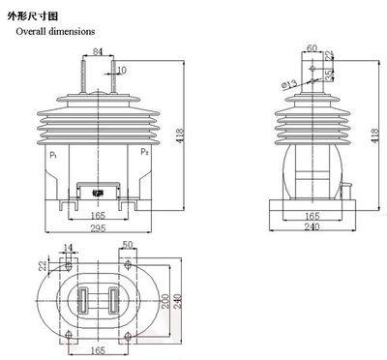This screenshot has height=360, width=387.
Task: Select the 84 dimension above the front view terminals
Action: point(98,51)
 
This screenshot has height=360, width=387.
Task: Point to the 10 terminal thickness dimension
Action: point(120,71)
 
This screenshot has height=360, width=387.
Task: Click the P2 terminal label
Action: point(144,152)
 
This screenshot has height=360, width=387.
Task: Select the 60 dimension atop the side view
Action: point(312,45)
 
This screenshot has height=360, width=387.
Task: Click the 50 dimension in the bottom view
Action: point(130,246)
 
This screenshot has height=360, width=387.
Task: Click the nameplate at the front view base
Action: point(98,192)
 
